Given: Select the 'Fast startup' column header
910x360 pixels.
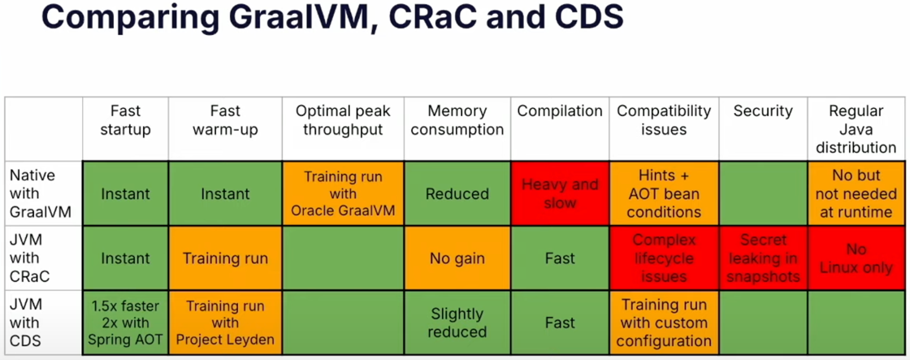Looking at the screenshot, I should (x=125, y=120).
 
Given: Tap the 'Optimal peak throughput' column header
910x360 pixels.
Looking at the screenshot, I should (x=342, y=120).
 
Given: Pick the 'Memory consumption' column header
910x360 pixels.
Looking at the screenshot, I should (x=457, y=120).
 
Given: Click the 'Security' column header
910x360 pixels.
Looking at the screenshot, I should (x=763, y=111).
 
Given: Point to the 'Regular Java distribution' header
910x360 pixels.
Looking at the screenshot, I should (x=856, y=129).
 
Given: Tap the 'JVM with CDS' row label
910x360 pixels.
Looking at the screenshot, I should (x=30, y=323).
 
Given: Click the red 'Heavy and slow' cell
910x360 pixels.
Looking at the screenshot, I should (x=559, y=193).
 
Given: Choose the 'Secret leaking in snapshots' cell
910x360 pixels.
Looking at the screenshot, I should (x=763, y=258).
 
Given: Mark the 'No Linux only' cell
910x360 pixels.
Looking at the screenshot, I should (x=856, y=258).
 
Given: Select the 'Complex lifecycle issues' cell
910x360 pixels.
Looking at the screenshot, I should (x=663, y=258).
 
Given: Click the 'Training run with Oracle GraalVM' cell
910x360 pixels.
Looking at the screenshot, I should (x=342, y=193).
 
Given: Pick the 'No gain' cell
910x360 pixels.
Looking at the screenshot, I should (x=457, y=258).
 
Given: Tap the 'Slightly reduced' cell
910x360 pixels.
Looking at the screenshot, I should (x=457, y=323).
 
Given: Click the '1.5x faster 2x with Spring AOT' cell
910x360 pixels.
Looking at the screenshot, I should (x=125, y=323).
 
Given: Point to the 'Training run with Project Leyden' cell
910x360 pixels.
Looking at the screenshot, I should (x=225, y=323).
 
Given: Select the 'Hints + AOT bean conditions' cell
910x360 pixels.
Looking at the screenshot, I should (x=663, y=193).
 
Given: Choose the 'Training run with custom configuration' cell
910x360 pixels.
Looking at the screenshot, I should (x=663, y=323).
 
